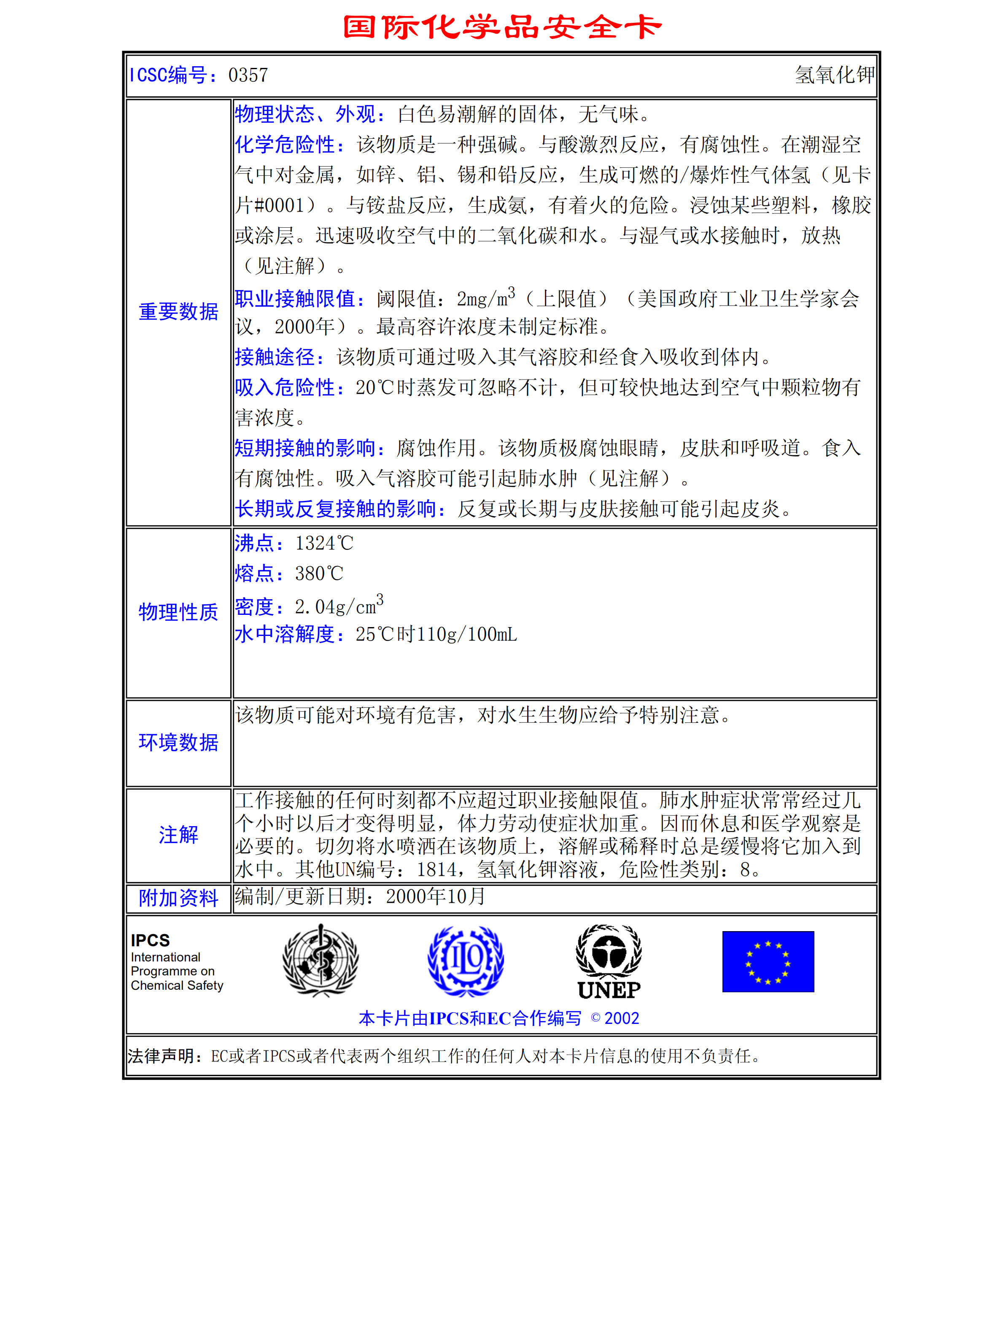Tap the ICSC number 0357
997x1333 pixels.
[x=248, y=75]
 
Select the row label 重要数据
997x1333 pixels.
[x=178, y=312]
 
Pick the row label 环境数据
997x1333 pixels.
[x=178, y=743]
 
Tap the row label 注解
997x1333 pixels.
[x=178, y=835]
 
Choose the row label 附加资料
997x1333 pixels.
[x=178, y=898]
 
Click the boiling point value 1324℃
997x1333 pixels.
[x=324, y=543]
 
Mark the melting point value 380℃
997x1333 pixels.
[x=319, y=573]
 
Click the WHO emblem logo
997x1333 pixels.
[x=321, y=961]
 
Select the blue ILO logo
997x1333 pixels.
[x=465, y=961]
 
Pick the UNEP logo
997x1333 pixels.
[x=609, y=962]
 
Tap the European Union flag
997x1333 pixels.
[x=768, y=961]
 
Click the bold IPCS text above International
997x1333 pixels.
[x=150, y=940]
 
